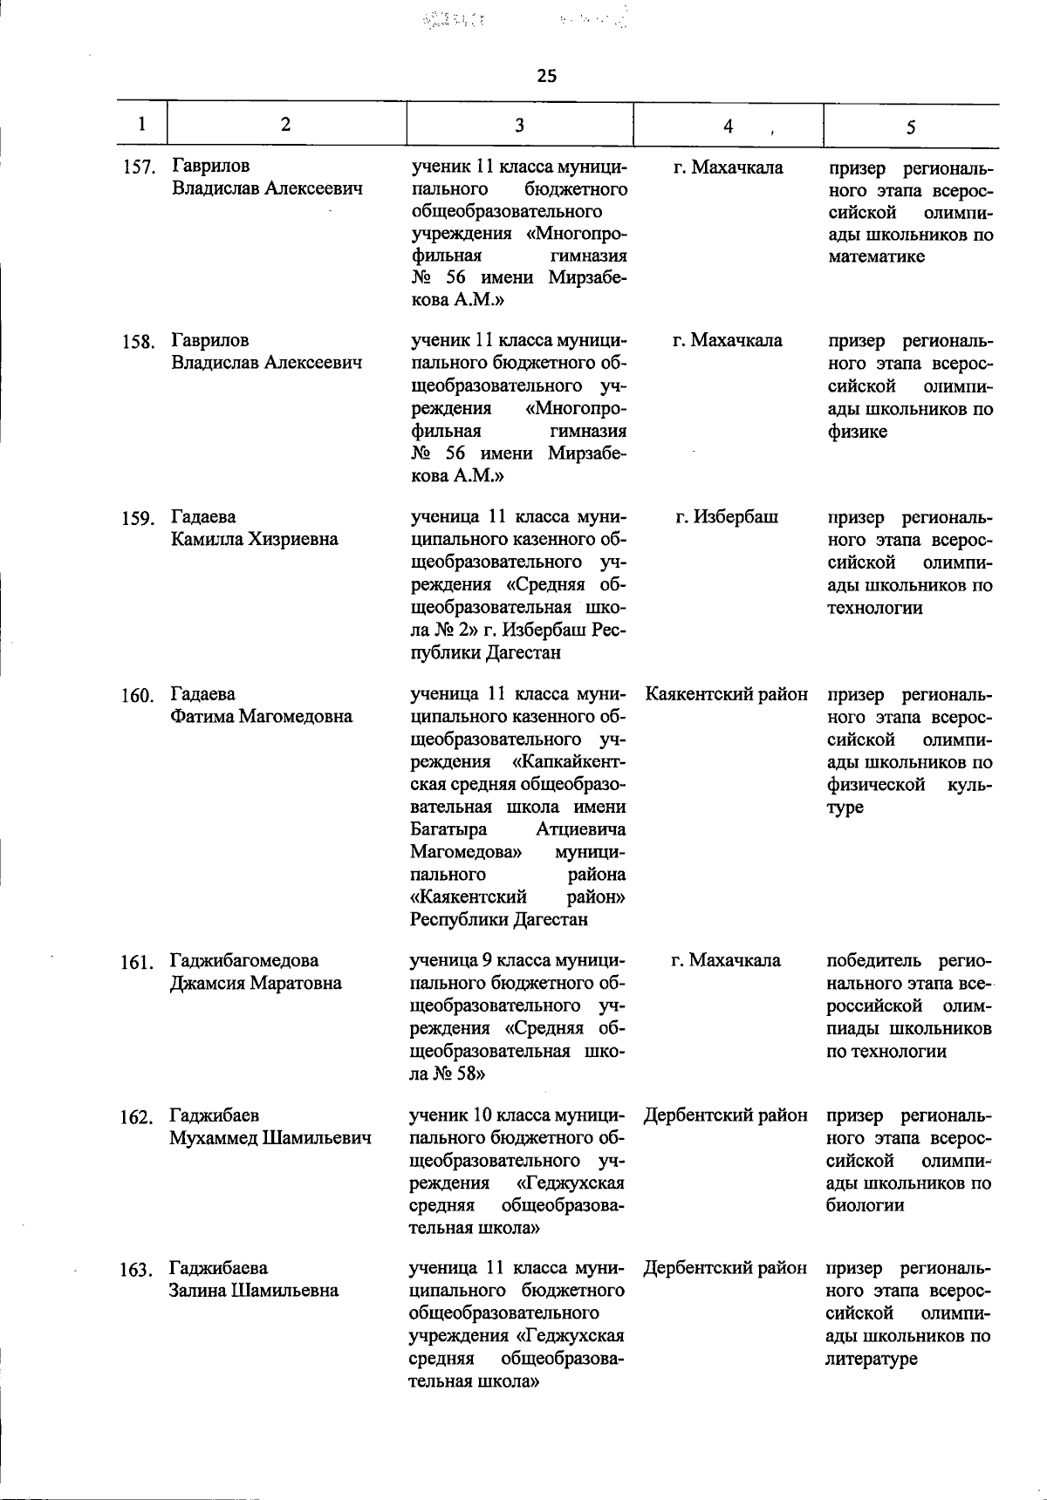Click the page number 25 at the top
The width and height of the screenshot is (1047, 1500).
[x=546, y=76]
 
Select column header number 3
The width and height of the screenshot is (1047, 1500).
[x=519, y=125]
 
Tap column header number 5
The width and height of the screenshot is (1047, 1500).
[x=910, y=127]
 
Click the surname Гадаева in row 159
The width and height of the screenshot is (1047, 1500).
[x=203, y=517]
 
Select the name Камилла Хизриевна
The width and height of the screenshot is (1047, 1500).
[x=255, y=540]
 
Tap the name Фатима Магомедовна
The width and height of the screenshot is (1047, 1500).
[x=262, y=717]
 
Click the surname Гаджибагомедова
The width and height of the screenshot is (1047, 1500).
[x=244, y=961]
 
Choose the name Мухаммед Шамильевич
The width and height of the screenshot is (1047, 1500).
[x=270, y=1138]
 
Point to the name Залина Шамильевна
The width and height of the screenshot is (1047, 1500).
[x=254, y=1291]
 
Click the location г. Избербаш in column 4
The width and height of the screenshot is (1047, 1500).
[x=727, y=517]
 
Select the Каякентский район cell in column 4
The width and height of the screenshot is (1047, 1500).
[x=727, y=695]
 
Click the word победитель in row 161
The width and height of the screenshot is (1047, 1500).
[x=872, y=961]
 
